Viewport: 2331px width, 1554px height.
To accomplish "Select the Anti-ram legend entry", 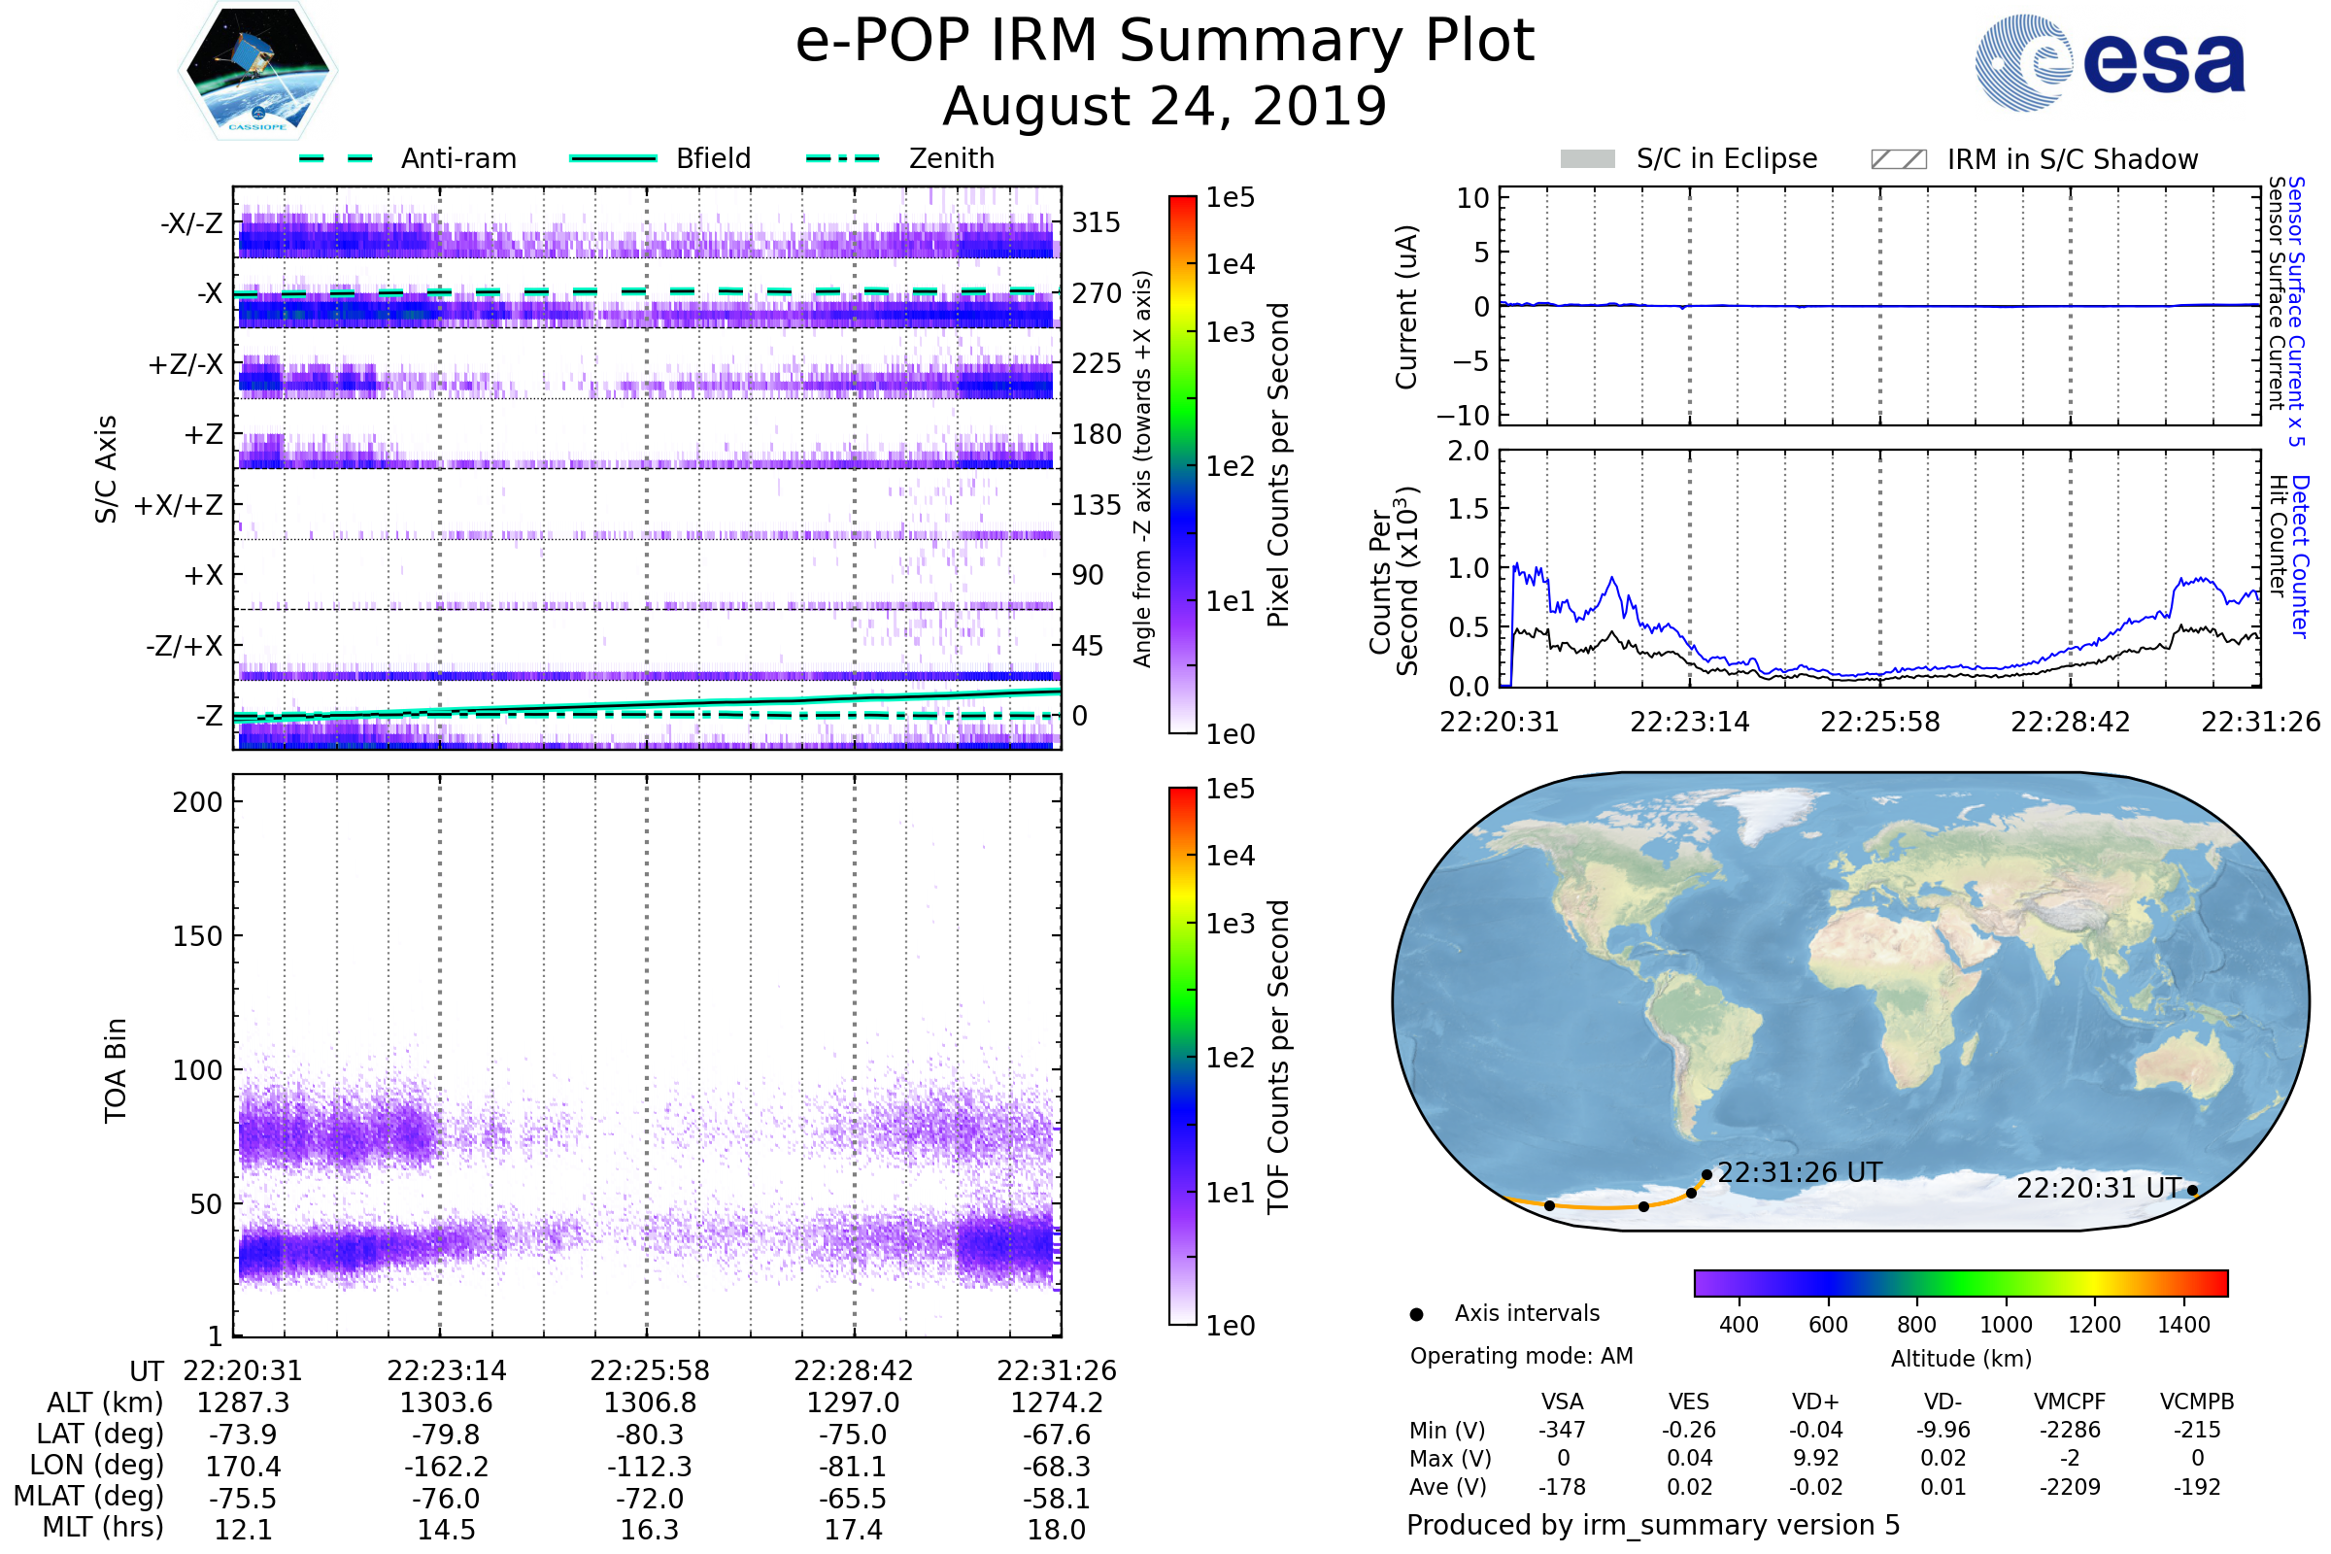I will coord(457,158).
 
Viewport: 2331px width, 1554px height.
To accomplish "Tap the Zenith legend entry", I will coord(951,158).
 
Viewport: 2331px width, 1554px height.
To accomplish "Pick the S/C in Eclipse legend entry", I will coord(1726,158).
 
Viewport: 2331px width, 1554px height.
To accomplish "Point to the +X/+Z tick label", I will coord(179,505).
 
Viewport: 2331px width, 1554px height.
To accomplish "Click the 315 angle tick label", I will coord(1097,222).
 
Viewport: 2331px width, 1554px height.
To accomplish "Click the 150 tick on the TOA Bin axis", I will coord(197,936).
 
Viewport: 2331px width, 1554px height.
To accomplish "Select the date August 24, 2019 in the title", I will coord(1165,106).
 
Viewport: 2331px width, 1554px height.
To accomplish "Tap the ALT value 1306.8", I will coord(650,1403).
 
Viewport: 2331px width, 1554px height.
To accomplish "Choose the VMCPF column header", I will coord(2070,1402).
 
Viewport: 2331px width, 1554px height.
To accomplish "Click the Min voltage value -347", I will coord(1562,1430).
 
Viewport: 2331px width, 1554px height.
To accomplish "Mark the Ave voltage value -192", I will coord(2197,1488).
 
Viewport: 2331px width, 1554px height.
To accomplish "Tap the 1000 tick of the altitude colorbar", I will coord(2006,1325).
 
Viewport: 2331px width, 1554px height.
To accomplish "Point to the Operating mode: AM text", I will coord(1521,1356).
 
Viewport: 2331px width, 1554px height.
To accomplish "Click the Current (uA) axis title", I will coord(1407,307).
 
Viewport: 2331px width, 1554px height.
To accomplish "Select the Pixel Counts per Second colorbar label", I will coord(1278,465).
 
